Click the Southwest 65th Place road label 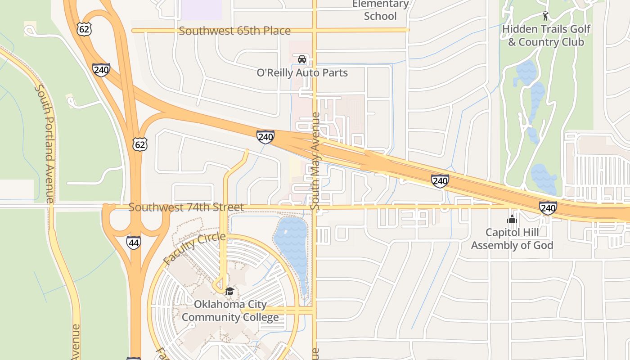[x=234, y=31]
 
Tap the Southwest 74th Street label [x=186, y=207]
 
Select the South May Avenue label [x=315, y=161]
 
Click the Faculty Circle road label [x=194, y=249]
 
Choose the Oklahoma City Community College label [x=230, y=311]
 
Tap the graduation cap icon [x=230, y=291]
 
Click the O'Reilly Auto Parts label [x=302, y=72]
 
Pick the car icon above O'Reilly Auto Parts [x=302, y=59]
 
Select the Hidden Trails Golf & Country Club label [x=546, y=36]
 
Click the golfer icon [x=546, y=16]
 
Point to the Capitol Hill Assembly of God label [x=512, y=239]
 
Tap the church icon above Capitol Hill [x=512, y=220]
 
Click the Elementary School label [x=380, y=10]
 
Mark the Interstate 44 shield [x=134, y=242]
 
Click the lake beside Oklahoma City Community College [x=291, y=243]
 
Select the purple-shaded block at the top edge [x=201, y=9]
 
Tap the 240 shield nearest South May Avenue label [x=265, y=137]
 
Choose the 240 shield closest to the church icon [x=548, y=208]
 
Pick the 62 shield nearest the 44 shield [x=140, y=144]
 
